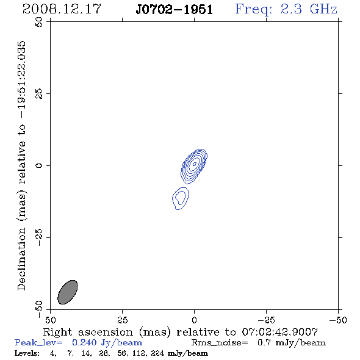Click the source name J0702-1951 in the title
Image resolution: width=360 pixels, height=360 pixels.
(175, 9)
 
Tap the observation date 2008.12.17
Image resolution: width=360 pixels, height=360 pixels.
(62, 9)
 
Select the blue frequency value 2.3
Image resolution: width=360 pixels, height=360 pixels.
(291, 9)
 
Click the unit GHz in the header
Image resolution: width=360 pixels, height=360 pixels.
(323, 9)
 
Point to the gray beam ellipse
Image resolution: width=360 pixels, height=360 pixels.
(68, 292)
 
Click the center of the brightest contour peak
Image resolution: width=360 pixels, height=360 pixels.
(195, 164)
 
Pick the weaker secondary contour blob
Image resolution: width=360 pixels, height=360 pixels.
(181, 198)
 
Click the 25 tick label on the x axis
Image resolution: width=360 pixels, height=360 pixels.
(122, 320)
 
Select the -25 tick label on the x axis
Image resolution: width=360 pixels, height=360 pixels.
(266, 320)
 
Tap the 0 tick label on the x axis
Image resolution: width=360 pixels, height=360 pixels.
(194, 320)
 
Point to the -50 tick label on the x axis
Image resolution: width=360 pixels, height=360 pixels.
(338, 320)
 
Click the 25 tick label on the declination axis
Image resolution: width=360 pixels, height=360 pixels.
(39, 93)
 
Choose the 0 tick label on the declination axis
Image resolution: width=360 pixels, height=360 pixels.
(39, 165)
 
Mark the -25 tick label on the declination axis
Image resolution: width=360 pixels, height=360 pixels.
(39, 237)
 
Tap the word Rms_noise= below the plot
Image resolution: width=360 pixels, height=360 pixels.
(220, 343)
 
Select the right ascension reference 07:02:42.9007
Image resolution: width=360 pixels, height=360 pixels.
(280, 332)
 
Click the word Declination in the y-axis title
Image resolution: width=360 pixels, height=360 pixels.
(21, 259)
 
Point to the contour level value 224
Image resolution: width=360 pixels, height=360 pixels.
(157, 353)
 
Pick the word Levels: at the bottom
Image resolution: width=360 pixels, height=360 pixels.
(27, 353)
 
